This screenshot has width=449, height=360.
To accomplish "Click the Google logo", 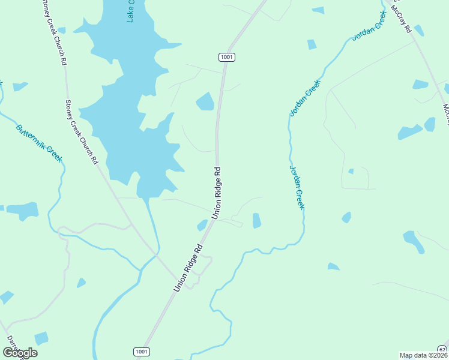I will (20, 353).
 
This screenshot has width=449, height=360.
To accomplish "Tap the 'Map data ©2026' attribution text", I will (423, 355).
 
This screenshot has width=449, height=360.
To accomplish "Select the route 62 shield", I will (442, 349).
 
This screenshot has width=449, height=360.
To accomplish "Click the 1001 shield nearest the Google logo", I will (141, 351).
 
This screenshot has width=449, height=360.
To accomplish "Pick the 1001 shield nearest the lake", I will (226, 57).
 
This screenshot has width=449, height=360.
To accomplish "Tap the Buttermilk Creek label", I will (39, 142).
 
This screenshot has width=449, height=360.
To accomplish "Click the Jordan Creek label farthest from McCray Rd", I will (297, 187).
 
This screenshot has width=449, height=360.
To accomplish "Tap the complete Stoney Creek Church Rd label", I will (82, 132).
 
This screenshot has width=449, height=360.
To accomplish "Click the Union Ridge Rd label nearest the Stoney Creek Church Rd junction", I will (187, 267).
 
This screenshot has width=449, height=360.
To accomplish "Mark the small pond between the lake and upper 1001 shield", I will (205, 101).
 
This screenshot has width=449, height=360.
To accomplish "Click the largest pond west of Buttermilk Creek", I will (23, 211).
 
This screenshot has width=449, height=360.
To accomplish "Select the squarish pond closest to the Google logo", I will (41, 338).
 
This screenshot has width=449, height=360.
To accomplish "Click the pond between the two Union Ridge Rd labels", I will (202, 225).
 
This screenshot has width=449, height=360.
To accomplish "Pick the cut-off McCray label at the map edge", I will (445, 113).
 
